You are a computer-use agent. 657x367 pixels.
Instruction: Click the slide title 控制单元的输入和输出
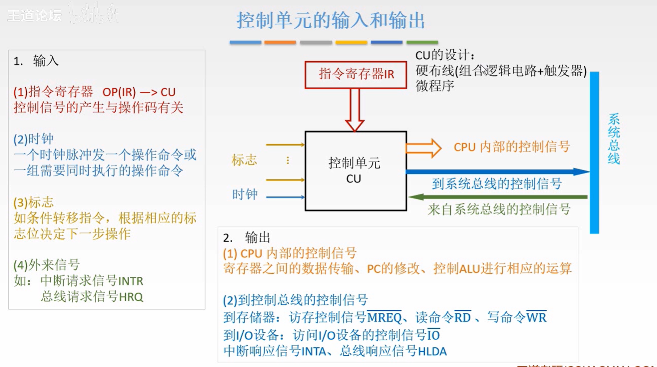click(330, 20)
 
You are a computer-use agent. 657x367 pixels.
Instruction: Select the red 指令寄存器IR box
click(356, 75)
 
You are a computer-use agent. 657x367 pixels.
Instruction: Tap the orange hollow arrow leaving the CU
click(423, 148)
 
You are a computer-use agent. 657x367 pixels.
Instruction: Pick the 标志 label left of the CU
click(244, 160)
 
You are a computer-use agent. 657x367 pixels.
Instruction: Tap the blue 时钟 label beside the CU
click(245, 194)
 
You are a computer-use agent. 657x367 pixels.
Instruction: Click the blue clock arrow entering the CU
click(285, 197)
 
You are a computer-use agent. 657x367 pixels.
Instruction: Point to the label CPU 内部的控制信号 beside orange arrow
click(511, 147)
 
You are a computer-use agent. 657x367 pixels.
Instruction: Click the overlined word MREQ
click(384, 318)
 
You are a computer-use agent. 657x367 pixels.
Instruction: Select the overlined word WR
click(537, 318)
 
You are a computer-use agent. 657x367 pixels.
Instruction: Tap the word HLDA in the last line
click(432, 351)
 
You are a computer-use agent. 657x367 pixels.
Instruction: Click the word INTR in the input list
click(130, 281)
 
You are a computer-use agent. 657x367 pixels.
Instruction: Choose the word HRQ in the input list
click(130, 297)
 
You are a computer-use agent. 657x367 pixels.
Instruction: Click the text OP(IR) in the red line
click(119, 92)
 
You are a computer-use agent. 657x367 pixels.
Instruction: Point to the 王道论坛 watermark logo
click(35, 16)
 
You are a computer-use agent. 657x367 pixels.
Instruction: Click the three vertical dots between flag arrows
click(288, 161)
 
